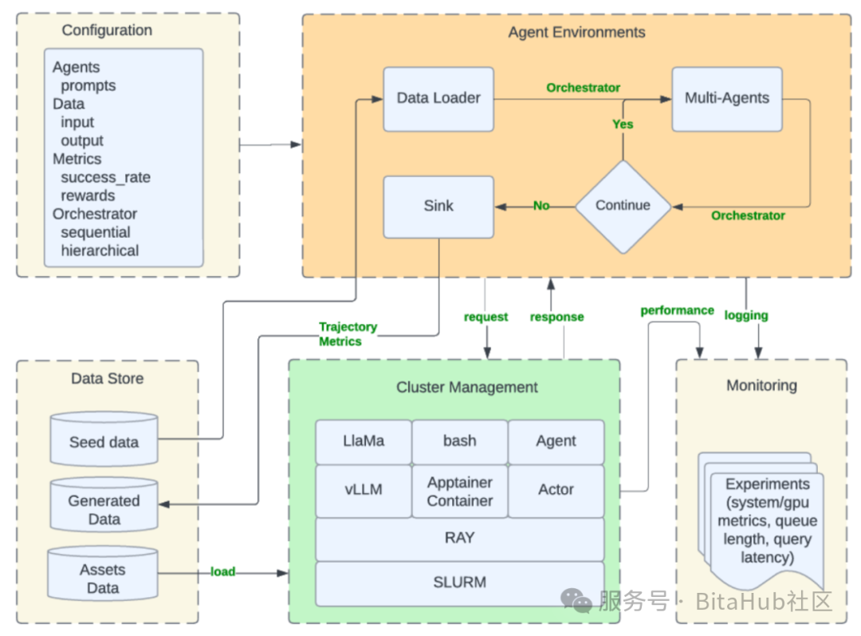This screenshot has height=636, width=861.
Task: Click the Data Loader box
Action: pos(438,99)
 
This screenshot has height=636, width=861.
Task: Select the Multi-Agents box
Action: pos(726,99)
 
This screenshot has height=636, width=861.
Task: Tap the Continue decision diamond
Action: pos(623,205)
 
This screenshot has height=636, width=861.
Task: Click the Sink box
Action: pos(438,206)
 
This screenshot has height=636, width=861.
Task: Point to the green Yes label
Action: pos(623,124)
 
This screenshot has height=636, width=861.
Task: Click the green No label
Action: pos(541,206)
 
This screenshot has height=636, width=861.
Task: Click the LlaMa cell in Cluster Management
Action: pos(364,441)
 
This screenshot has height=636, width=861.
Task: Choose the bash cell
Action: pos(460,441)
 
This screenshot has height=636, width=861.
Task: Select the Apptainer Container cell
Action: pos(460,491)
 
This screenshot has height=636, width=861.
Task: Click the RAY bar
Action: pos(460,539)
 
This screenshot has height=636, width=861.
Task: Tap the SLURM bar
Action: pos(460,583)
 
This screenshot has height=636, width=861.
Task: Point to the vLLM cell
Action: pos(364,490)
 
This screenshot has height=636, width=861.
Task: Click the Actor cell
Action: pos(556,490)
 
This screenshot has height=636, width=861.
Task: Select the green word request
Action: pos(486,317)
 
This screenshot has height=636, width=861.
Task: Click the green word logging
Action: pos(746,315)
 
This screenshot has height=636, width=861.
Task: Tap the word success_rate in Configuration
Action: pos(105,177)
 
